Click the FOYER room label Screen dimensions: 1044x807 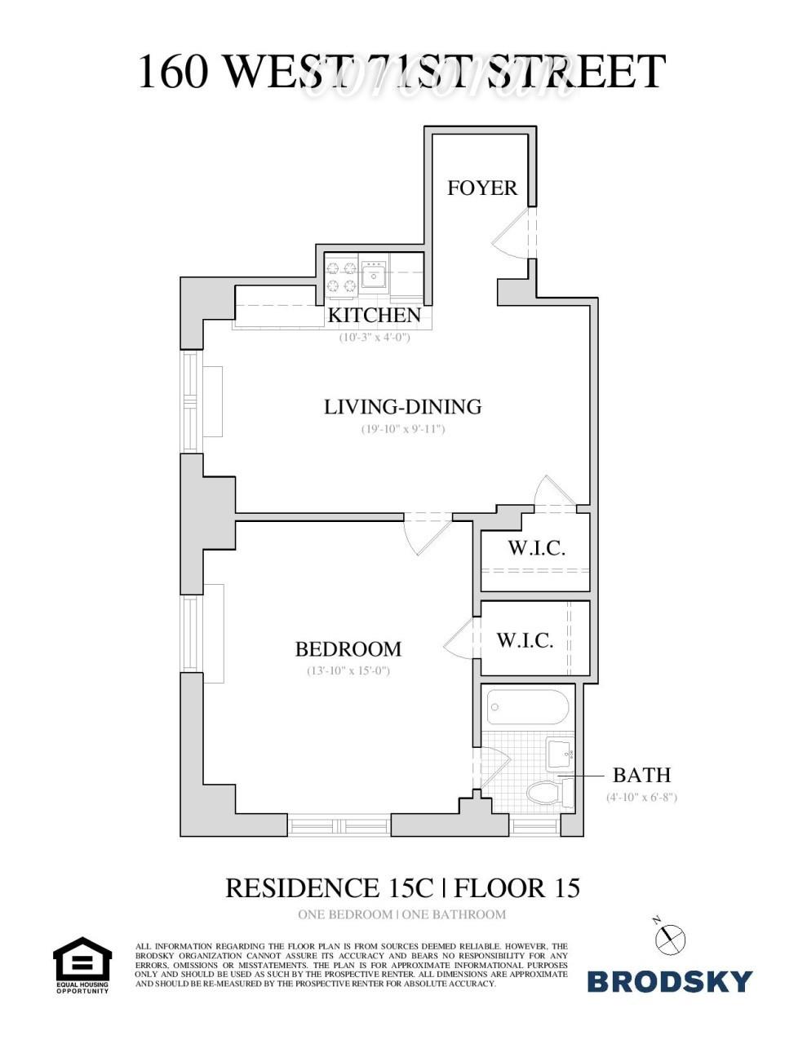(x=482, y=188)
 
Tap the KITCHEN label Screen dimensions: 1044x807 (x=375, y=315)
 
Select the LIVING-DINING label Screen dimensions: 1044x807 (x=403, y=406)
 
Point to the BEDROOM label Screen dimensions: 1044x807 (x=348, y=649)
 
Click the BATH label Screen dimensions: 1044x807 (x=641, y=775)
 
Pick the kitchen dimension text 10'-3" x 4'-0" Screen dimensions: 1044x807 (x=375, y=337)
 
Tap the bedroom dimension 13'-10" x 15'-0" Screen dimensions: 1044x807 (x=348, y=671)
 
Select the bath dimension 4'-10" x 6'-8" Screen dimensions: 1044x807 (x=641, y=797)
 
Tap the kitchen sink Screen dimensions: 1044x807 (x=375, y=274)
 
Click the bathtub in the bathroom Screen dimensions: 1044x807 (x=527, y=707)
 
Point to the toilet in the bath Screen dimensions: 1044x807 (x=548, y=792)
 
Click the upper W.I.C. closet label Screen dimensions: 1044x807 (x=536, y=547)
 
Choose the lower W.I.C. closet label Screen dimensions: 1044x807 (x=525, y=640)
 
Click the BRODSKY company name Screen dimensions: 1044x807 (x=669, y=981)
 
